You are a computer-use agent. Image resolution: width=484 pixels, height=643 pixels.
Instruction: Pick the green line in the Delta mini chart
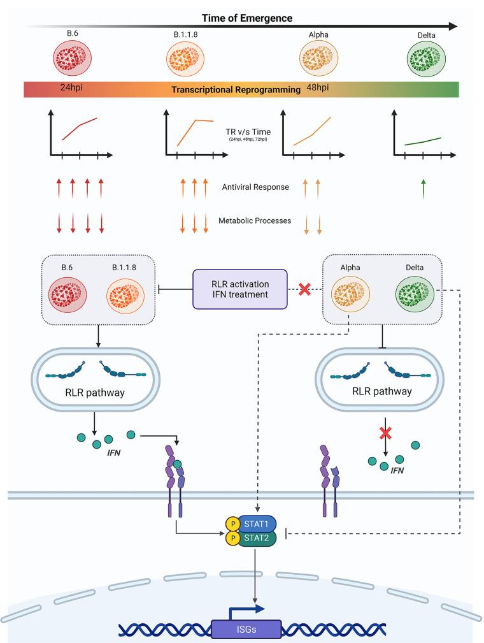(x=423, y=141)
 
